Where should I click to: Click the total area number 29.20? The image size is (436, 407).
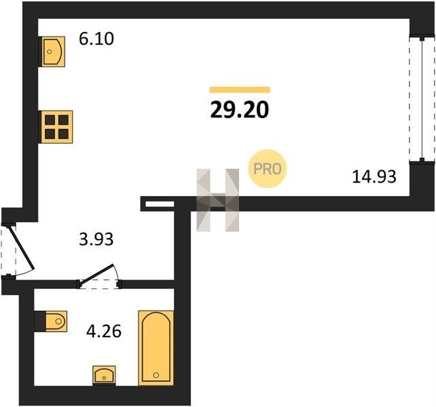click(x=240, y=109)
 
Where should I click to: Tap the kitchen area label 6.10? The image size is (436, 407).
click(x=96, y=39)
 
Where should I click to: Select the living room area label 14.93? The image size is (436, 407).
click(x=374, y=176)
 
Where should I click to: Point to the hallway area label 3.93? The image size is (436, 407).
click(x=96, y=239)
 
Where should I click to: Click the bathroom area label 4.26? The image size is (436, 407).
click(x=104, y=331)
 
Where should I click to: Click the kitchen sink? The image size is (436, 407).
click(x=54, y=52)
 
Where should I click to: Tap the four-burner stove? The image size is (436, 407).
click(x=57, y=127)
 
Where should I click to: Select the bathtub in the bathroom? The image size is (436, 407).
click(x=156, y=348)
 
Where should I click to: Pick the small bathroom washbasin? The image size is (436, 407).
click(x=104, y=375)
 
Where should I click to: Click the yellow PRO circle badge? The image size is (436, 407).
click(x=267, y=169)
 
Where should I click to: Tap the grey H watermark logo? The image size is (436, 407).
click(x=218, y=200)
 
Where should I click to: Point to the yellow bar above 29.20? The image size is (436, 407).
click(x=240, y=90)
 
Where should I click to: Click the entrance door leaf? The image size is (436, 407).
click(x=22, y=248)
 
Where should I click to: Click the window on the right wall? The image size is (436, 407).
click(x=422, y=99)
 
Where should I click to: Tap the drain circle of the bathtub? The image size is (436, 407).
click(x=156, y=375)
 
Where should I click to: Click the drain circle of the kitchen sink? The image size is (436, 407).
click(x=50, y=52)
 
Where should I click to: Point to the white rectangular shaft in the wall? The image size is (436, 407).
click(x=160, y=204)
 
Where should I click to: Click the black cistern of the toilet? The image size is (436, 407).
click(x=40, y=322)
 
